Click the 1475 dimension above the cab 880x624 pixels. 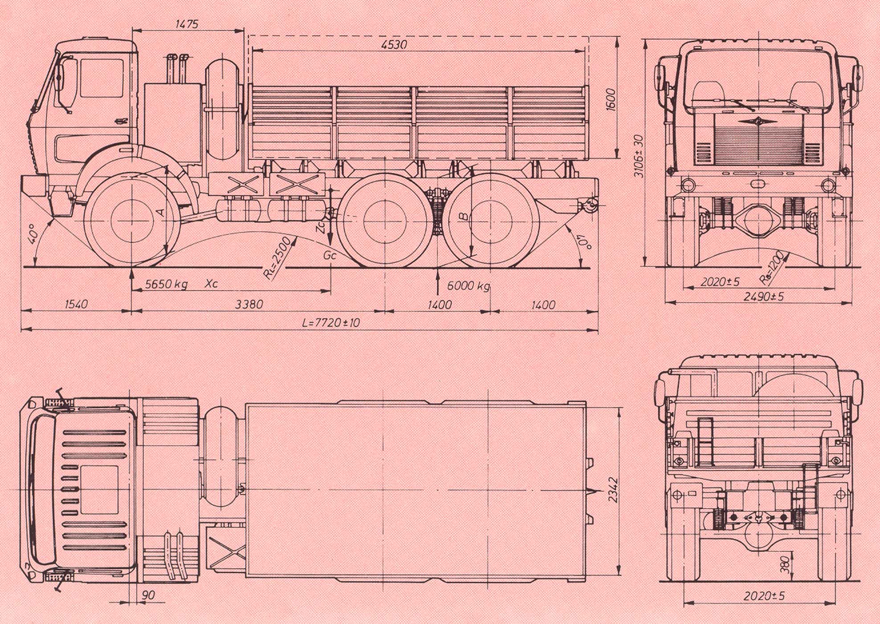click(x=187, y=24)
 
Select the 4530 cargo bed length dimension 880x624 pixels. click(x=394, y=45)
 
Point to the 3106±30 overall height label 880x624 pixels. click(x=639, y=156)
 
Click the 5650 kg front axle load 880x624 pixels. click(x=166, y=284)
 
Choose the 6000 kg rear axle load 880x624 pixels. click(x=469, y=286)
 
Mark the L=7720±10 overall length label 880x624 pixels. click(x=330, y=322)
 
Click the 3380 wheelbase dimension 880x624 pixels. click(x=249, y=304)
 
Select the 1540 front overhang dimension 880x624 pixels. click(x=76, y=304)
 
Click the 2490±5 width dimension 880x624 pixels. click(x=764, y=296)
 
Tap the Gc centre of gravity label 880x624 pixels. click(x=330, y=255)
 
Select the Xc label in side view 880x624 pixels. click(x=212, y=283)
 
